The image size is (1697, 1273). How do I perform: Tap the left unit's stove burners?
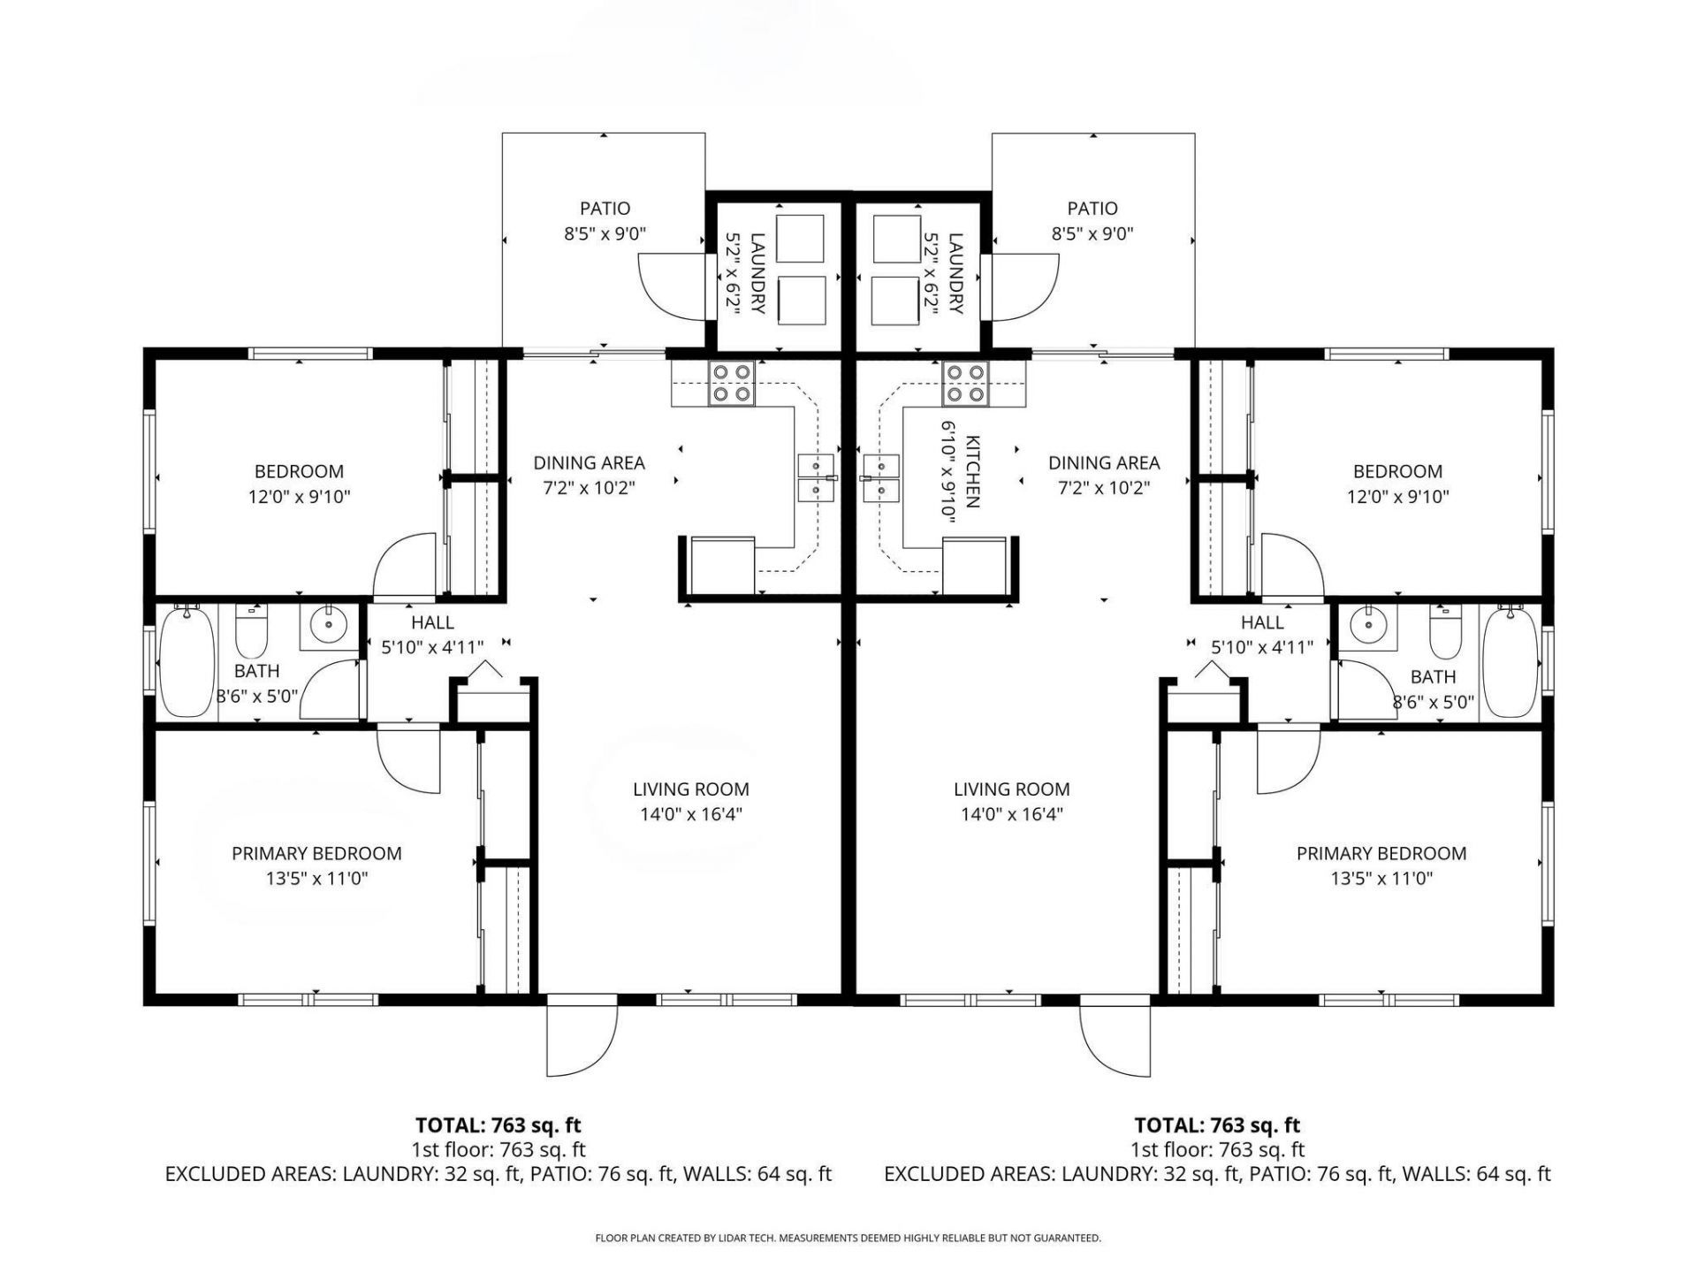click(732, 383)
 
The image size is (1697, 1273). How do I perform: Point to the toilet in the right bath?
click(1444, 632)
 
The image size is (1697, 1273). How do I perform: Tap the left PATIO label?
click(605, 209)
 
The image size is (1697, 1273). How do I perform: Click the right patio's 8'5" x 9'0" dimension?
click(1092, 234)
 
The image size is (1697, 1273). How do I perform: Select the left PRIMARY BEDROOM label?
click(316, 853)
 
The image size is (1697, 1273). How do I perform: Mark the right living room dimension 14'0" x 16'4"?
click(1011, 814)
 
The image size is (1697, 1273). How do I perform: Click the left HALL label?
click(432, 622)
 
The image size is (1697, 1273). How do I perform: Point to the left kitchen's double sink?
click(816, 477)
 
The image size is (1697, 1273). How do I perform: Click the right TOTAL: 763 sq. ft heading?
click(1216, 1125)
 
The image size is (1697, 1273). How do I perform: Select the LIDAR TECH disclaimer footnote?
click(848, 1239)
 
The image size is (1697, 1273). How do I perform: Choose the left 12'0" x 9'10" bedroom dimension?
click(299, 497)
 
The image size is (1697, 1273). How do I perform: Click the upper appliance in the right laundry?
click(896, 238)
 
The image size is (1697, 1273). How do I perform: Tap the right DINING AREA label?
click(1103, 462)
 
